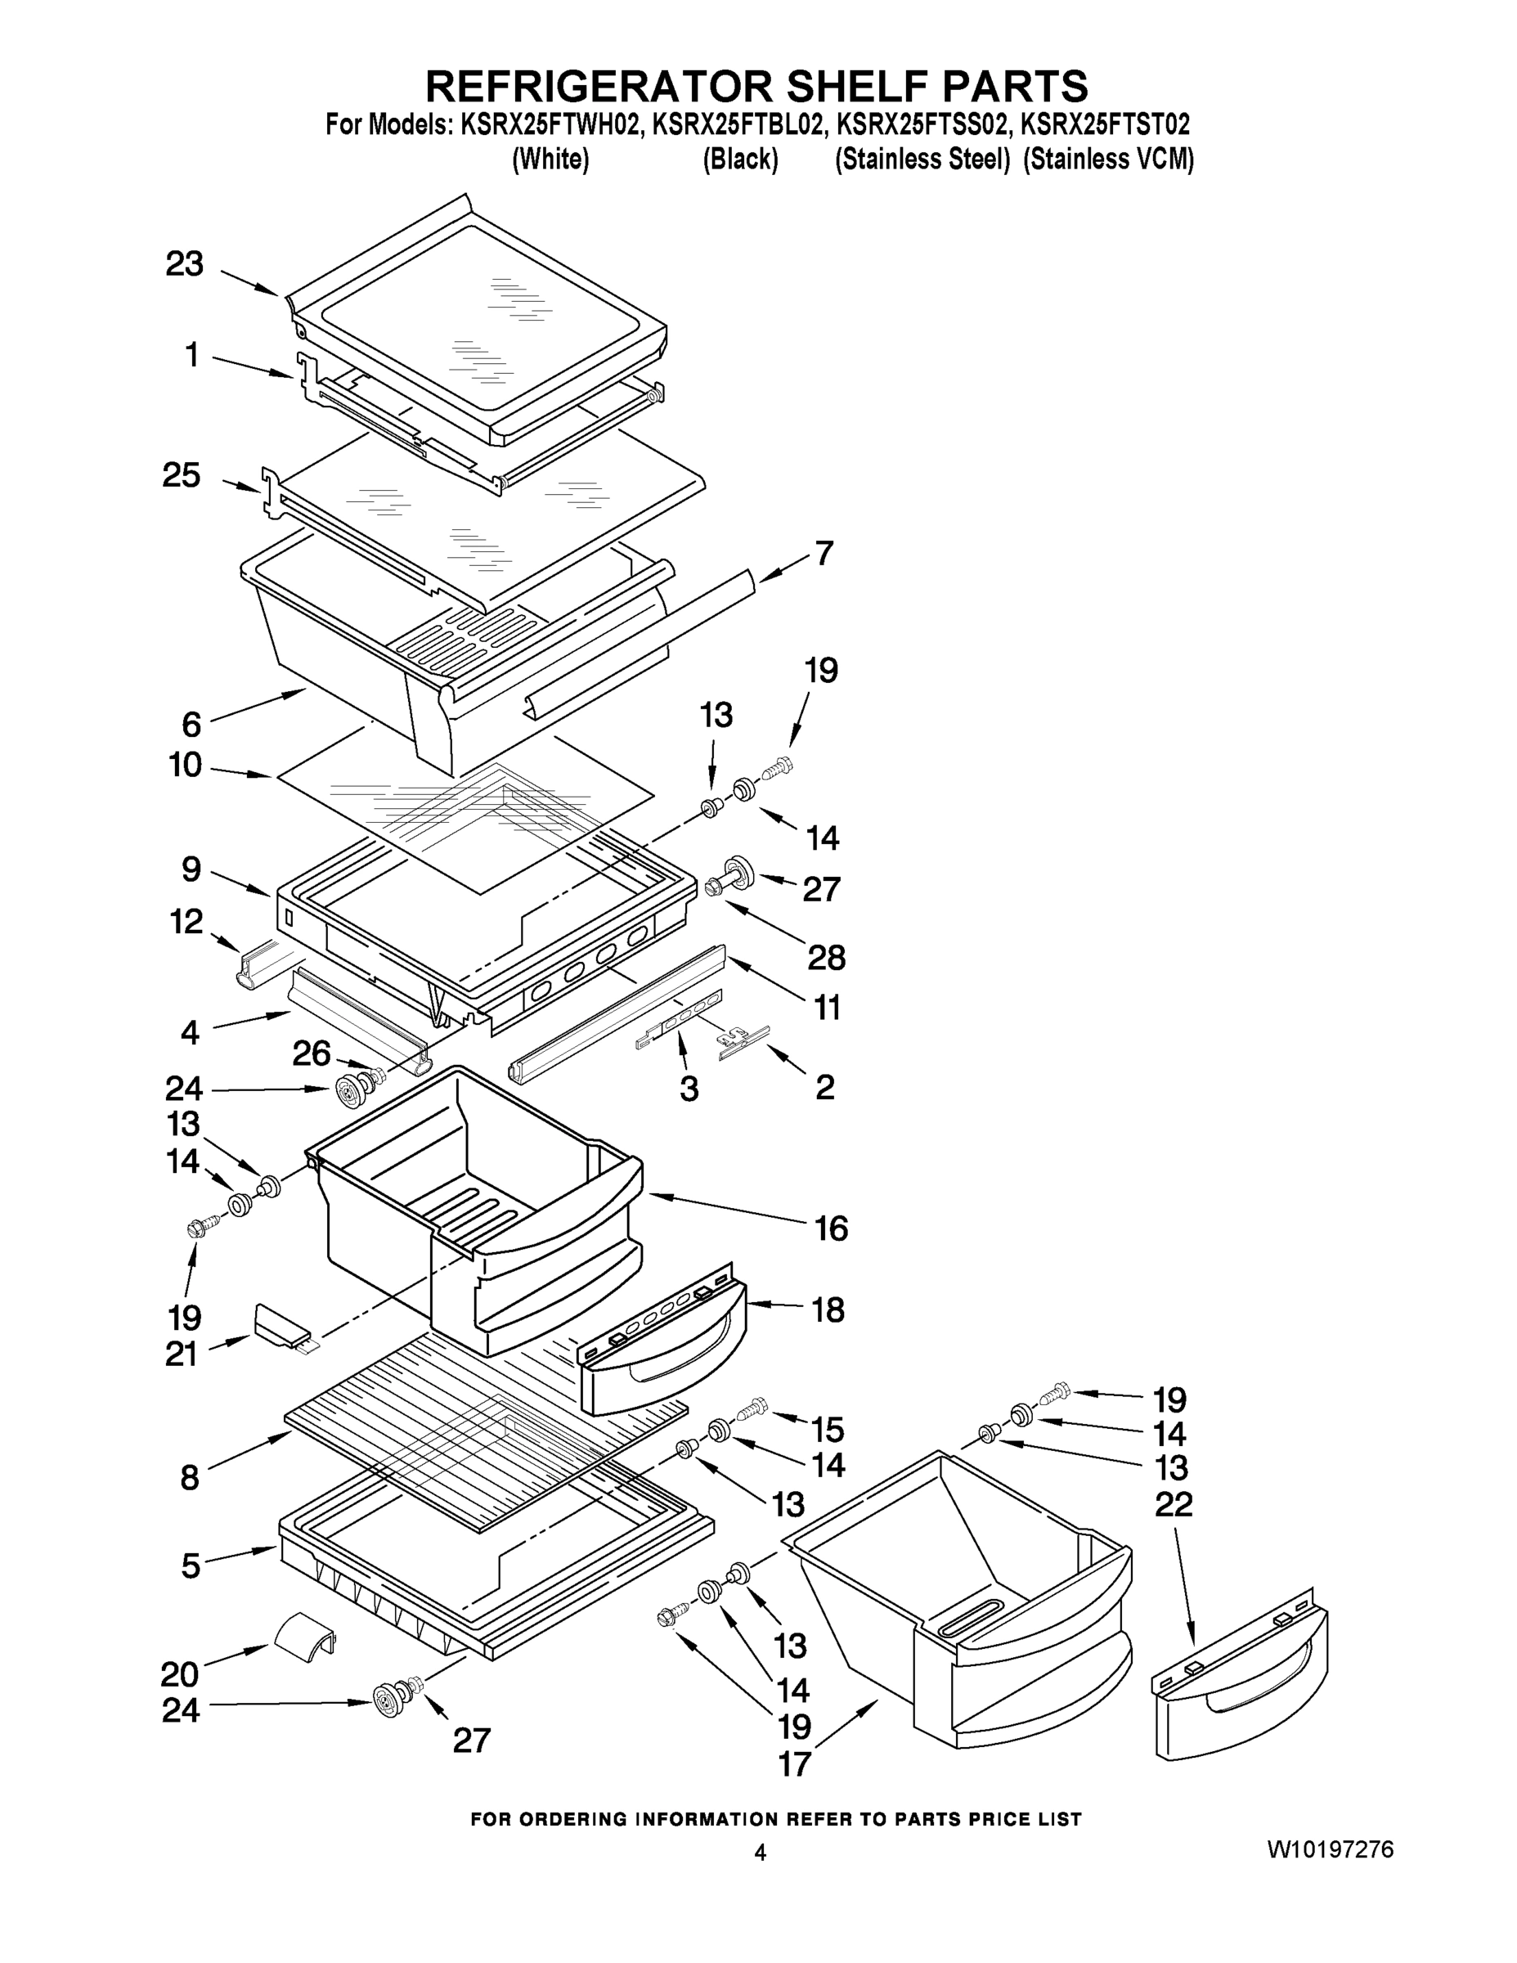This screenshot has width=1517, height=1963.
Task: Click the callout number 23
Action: coord(184,264)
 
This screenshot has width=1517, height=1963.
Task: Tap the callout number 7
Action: coord(824,553)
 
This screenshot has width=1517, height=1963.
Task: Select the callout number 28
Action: coord(826,958)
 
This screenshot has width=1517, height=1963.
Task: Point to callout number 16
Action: coord(830,1228)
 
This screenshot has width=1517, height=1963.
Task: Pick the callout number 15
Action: coord(828,1429)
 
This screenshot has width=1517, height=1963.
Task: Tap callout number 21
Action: coord(182,1354)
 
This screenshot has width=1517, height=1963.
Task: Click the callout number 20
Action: coord(180,1673)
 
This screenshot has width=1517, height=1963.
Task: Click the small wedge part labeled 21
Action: coord(281,1327)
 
